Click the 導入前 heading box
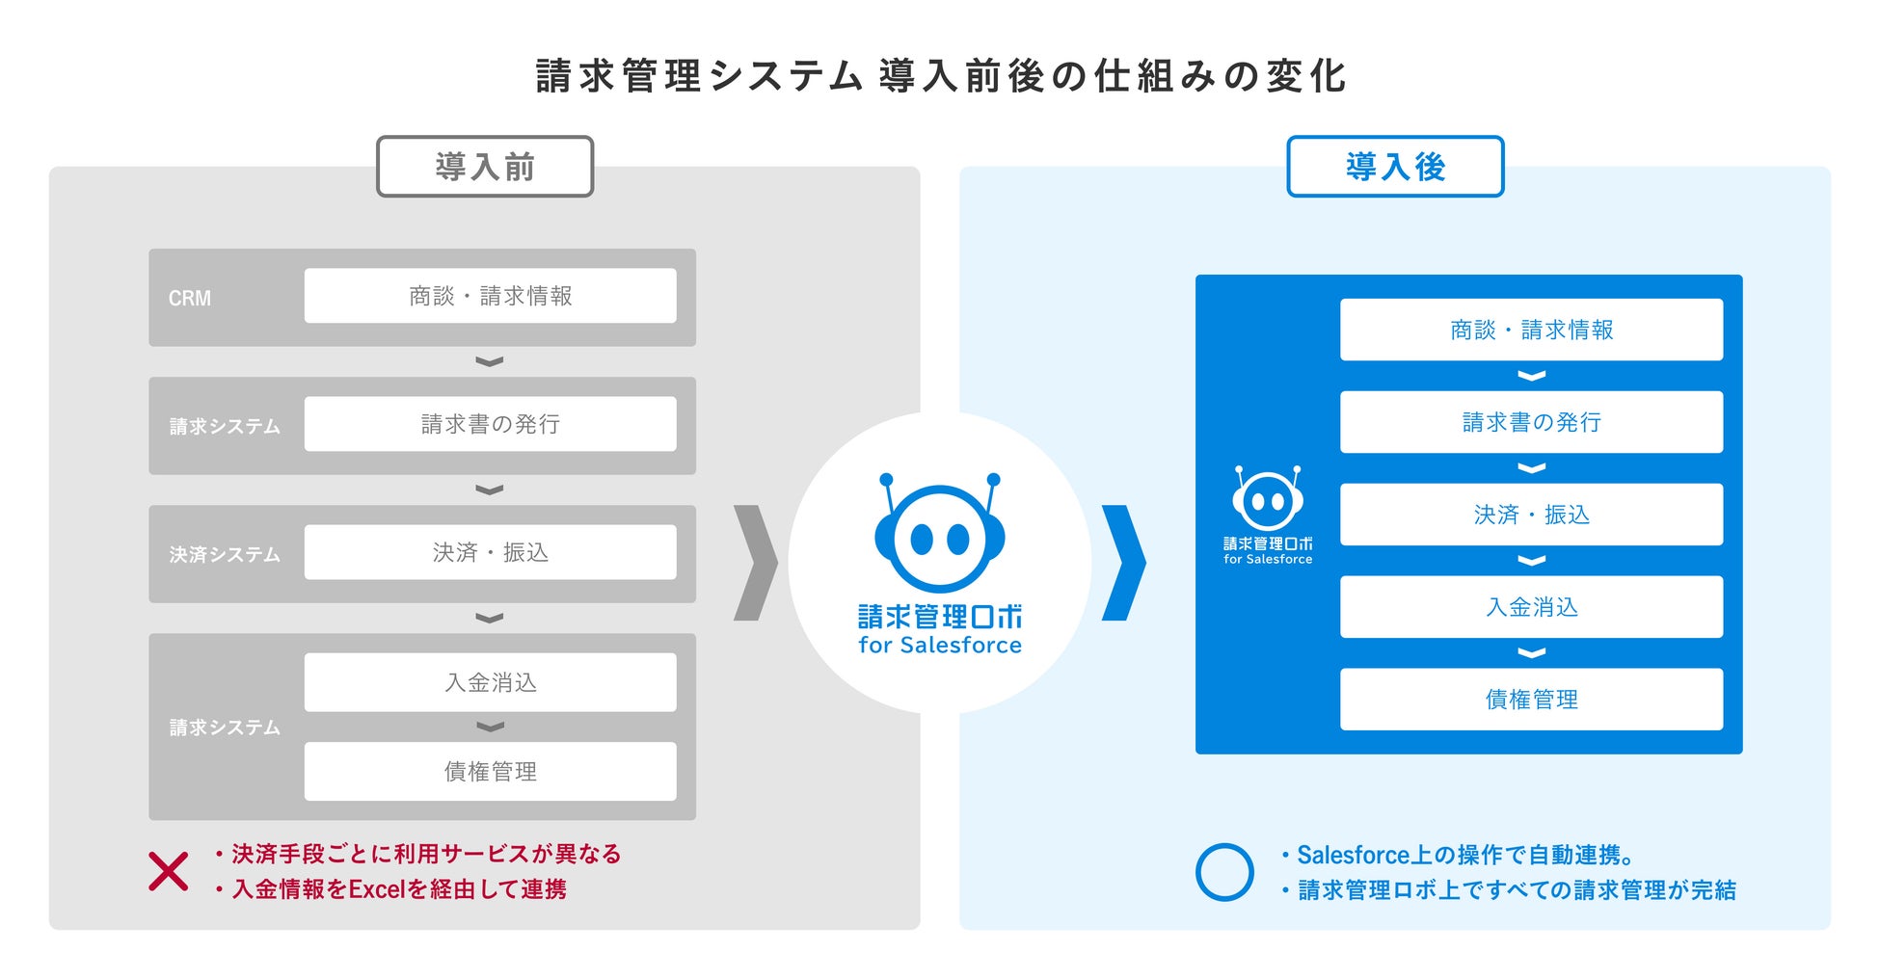point(484,167)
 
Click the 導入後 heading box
point(1394,167)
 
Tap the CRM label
point(189,299)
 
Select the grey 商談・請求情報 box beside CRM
point(490,296)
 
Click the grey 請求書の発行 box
point(490,424)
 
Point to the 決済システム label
point(225,555)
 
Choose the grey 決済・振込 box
point(490,552)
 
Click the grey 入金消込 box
point(490,682)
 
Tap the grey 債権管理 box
point(490,771)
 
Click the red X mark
point(169,871)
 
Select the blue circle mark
point(1224,872)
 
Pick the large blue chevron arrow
point(1123,563)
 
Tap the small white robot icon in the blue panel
point(1268,499)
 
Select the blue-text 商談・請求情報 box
point(1531,330)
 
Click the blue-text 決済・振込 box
point(1531,515)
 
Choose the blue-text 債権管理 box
point(1531,700)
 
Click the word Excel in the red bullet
point(377,889)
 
